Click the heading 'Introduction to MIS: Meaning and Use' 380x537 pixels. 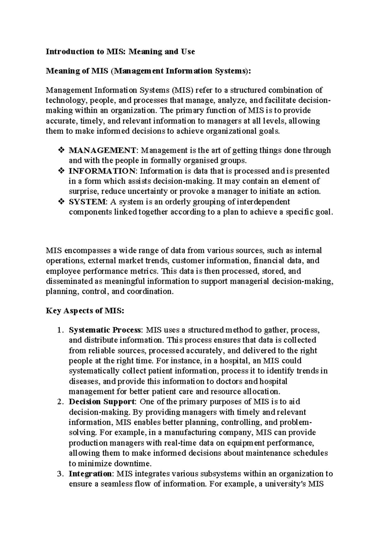[x=120, y=52]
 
